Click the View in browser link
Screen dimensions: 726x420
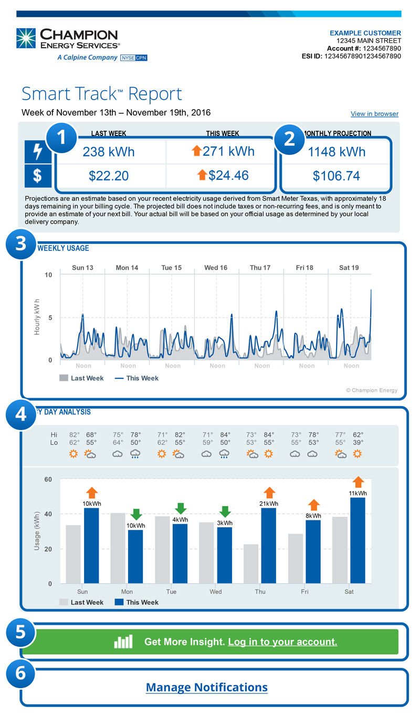(x=374, y=114)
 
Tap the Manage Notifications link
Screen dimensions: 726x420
(x=206, y=687)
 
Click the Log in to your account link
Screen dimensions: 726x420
(x=282, y=642)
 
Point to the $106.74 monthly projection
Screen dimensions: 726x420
(x=337, y=176)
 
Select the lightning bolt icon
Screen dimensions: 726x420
(x=38, y=152)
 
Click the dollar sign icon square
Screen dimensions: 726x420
(x=38, y=176)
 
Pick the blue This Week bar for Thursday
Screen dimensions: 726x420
(x=268, y=546)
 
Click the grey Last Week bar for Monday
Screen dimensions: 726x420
(x=118, y=548)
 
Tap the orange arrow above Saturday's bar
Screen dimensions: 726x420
(x=358, y=482)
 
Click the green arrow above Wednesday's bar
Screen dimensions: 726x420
(x=225, y=511)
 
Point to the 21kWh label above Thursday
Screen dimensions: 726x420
(x=268, y=504)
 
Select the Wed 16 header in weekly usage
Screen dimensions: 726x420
(x=216, y=268)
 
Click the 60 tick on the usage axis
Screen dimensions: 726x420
(x=48, y=479)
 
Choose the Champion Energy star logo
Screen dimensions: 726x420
(x=26, y=39)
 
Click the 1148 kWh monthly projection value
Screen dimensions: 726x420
(x=337, y=152)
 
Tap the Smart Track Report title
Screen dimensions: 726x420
(x=101, y=94)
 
